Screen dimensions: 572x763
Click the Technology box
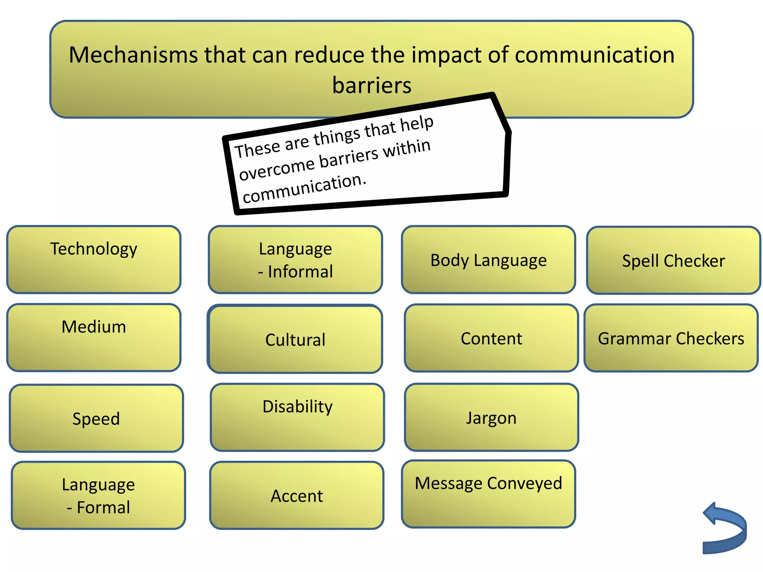(94, 260)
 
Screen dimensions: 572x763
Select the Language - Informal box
(295, 260)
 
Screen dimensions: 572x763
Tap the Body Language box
(488, 260)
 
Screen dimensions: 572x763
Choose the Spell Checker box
(673, 260)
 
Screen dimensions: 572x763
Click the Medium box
(94, 338)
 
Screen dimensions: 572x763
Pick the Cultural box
(295, 339)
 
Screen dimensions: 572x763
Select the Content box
(491, 338)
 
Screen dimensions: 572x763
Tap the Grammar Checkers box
(671, 338)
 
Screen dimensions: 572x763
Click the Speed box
(96, 418)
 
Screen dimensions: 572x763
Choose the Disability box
(297, 417)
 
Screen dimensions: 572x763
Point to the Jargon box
(491, 417)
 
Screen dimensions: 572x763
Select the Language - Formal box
(98, 495)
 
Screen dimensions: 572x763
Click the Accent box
(297, 495)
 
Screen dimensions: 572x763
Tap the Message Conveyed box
(488, 494)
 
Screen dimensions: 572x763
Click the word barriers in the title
(371, 85)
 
